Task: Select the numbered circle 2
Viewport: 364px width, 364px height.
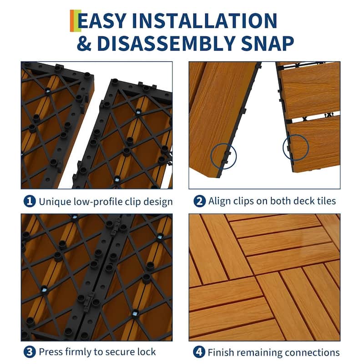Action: tap(199, 201)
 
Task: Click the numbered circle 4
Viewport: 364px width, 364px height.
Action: tap(199, 352)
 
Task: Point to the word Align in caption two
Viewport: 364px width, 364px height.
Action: tap(220, 201)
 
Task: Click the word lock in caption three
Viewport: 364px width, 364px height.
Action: tap(147, 352)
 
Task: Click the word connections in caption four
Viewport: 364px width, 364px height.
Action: tap(313, 352)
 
